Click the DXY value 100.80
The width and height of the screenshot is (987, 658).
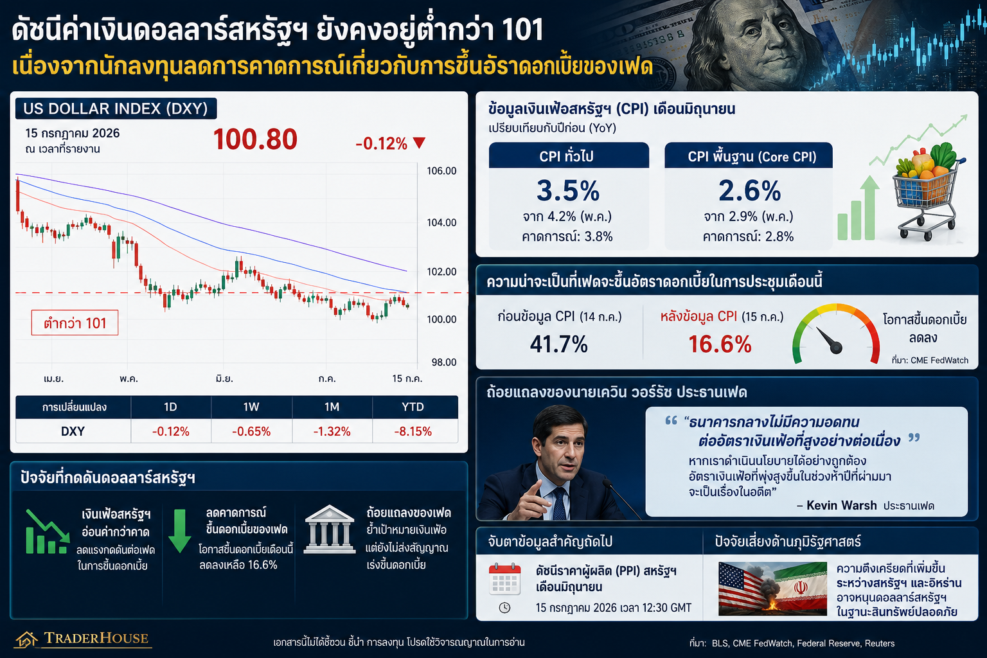(255, 139)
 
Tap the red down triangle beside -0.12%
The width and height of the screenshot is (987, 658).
(419, 143)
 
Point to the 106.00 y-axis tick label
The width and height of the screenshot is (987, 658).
(441, 171)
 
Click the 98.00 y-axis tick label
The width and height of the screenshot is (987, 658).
(444, 362)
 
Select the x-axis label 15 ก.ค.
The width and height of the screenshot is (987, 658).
(407, 378)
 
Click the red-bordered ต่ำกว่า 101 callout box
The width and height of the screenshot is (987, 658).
(75, 323)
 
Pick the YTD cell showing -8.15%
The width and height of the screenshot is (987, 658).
(413, 431)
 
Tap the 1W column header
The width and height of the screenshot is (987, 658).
(251, 407)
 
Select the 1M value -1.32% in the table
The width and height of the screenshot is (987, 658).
(332, 431)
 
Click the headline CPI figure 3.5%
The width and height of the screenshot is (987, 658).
(568, 191)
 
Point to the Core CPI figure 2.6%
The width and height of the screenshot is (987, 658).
(749, 191)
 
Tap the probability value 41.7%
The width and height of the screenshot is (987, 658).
(558, 344)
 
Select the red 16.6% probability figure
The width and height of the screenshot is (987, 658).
(720, 344)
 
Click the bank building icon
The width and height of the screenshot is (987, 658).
(330, 529)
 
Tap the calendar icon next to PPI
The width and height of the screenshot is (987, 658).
(504, 579)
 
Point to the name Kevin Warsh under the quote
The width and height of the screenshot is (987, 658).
(842, 506)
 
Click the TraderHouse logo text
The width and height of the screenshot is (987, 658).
(96, 638)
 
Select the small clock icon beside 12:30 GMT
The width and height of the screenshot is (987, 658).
(504, 608)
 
